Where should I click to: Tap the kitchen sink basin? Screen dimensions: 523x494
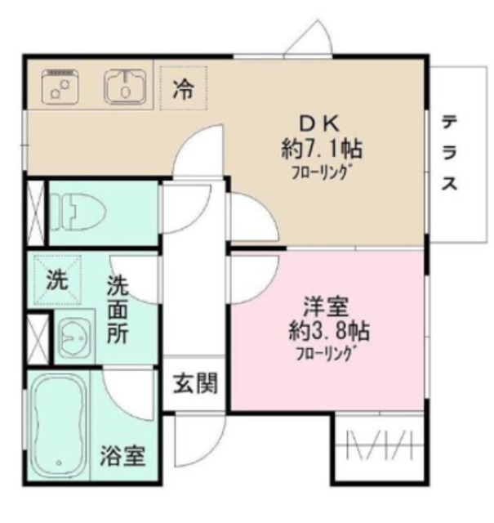coord(124,85)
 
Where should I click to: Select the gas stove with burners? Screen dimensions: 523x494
coord(59,86)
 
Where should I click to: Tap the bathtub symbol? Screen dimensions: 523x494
coord(59,426)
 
